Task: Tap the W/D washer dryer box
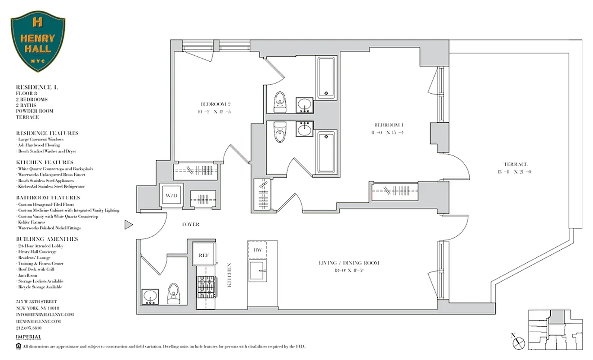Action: (x=171, y=196)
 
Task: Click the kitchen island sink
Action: (x=258, y=272)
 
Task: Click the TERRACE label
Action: (x=516, y=164)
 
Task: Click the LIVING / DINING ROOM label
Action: (x=349, y=263)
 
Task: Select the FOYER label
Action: (x=190, y=224)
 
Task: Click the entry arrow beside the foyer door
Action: (x=129, y=224)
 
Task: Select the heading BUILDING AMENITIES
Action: (x=47, y=239)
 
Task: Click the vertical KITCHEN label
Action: (x=229, y=275)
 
